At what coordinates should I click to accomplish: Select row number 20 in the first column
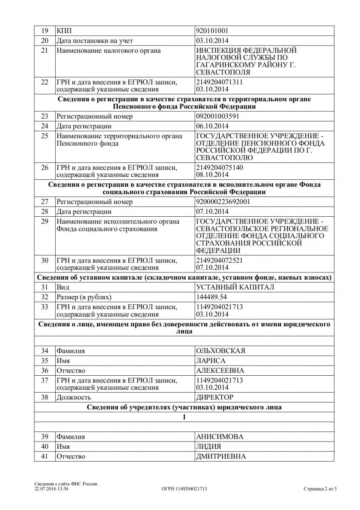click(45, 41)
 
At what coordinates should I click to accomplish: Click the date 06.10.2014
click(212, 126)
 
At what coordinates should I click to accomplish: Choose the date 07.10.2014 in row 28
click(212, 212)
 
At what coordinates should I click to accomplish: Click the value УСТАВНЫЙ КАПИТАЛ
click(235, 287)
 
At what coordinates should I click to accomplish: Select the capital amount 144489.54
click(212, 297)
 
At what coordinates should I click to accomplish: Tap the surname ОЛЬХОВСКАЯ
click(221, 351)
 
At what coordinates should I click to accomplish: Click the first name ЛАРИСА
click(211, 361)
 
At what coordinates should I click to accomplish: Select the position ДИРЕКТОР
click(215, 397)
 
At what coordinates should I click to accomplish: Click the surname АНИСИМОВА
click(220, 436)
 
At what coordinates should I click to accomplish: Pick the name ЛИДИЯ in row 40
click(208, 447)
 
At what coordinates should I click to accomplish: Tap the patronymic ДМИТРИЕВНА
click(221, 456)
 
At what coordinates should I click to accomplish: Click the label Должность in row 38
click(74, 397)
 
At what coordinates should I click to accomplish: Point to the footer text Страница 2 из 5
click(320, 489)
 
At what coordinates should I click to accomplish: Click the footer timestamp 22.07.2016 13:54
click(51, 489)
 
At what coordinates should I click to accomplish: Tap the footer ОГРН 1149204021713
click(184, 489)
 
